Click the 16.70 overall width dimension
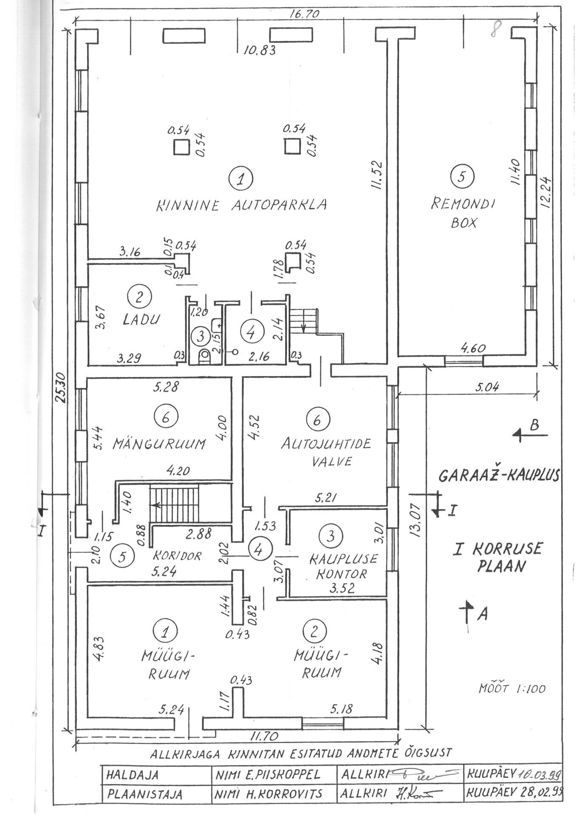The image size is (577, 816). click(304, 14)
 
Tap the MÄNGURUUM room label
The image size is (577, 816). click(159, 444)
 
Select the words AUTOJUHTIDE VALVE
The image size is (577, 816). click(325, 453)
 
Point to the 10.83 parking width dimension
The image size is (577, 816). click(259, 50)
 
